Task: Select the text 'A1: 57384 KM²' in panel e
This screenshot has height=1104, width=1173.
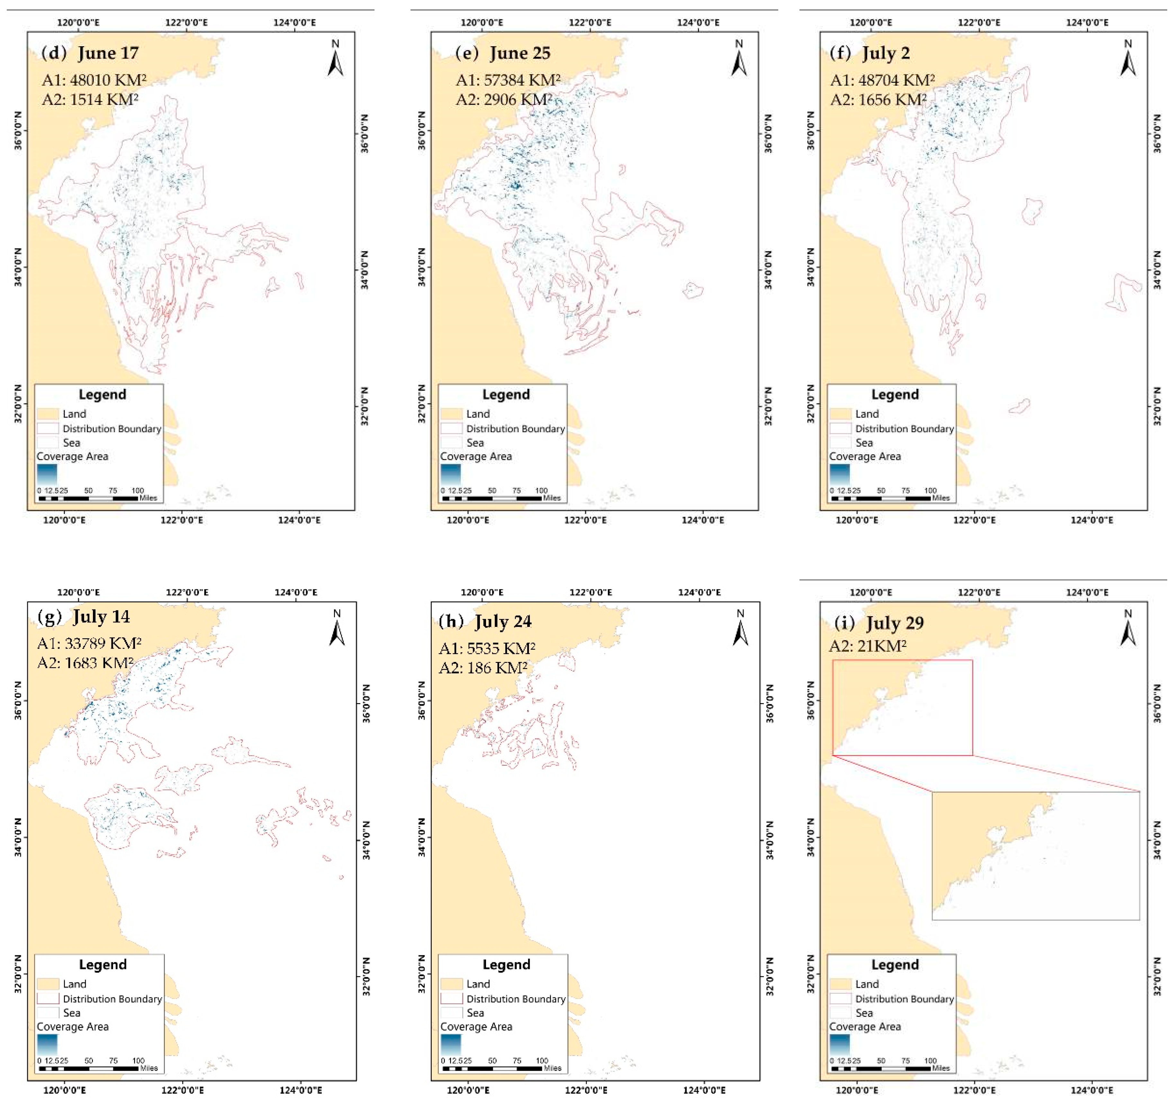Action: (508, 80)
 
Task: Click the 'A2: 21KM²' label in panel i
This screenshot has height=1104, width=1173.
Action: (867, 646)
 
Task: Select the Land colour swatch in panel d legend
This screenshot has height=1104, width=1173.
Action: (48, 414)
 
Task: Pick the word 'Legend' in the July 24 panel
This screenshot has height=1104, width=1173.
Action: (506, 965)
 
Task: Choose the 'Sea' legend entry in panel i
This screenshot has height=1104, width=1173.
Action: (864, 1013)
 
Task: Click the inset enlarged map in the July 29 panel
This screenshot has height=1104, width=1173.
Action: (1035, 855)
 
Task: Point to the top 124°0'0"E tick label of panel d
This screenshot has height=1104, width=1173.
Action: (294, 23)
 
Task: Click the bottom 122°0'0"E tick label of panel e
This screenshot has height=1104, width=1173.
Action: (585, 520)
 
